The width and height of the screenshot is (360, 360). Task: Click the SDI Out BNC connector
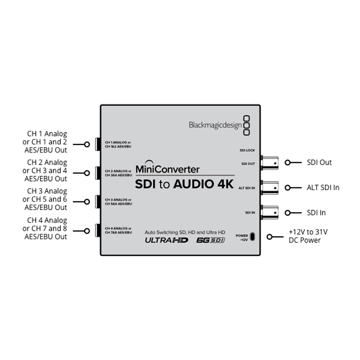[x=270, y=163]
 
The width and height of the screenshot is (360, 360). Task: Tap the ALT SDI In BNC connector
[x=270, y=188]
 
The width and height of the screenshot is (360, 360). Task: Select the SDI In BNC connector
[x=270, y=213]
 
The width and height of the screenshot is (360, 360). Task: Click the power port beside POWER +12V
[x=252, y=237]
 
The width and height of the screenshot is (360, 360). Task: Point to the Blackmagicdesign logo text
[x=215, y=125]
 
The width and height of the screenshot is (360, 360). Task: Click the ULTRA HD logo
[x=166, y=240]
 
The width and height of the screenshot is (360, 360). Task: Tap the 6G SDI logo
[x=211, y=240]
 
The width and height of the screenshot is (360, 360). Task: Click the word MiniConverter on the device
[x=167, y=169]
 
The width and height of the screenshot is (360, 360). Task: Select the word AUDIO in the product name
[x=193, y=184]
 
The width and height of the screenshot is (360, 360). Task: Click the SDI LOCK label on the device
[x=247, y=150]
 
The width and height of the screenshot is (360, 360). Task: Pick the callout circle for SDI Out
[x=287, y=163]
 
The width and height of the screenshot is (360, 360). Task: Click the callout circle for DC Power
[x=269, y=237]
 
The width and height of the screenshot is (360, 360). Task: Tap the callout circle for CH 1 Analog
[x=87, y=144]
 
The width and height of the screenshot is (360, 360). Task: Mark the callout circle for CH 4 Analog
[x=87, y=231]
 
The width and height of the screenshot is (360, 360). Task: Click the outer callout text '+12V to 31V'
[x=308, y=232]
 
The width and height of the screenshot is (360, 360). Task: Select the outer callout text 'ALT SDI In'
[x=323, y=187]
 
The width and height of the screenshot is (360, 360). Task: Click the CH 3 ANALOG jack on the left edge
[x=98, y=202]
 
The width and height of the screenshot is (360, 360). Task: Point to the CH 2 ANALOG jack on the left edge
[x=98, y=173]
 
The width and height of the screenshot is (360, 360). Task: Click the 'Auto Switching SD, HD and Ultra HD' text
[x=185, y=232]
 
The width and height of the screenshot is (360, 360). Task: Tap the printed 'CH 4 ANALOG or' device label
[x=118, y=228]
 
